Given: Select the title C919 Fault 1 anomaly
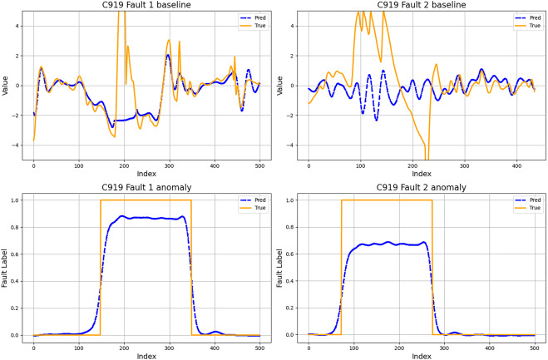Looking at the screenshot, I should [146, 186].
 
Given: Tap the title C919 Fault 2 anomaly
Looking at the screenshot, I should [421, 186].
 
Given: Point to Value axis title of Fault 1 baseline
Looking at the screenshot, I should [7, 85].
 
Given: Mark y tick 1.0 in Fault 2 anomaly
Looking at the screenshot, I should [292, 200].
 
